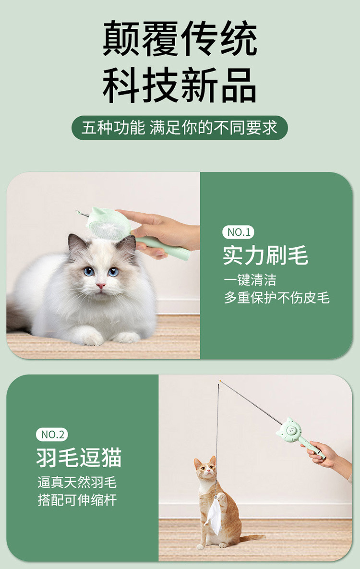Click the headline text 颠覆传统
tap(180, 38)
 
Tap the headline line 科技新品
tap(180, 85)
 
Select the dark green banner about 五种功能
tap(180, 128)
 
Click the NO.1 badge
tap(239, 232)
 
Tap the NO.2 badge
tap(52, 435)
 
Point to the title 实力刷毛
tap(265, 255)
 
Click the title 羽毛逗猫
tap(79, 458)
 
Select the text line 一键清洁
tap(251, 280)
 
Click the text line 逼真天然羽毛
tap(77, 482)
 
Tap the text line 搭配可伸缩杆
tap(77, 500)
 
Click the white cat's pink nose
tap(100, 286)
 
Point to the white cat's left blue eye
tap(88, 271)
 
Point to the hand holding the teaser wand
tap(326, 455)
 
